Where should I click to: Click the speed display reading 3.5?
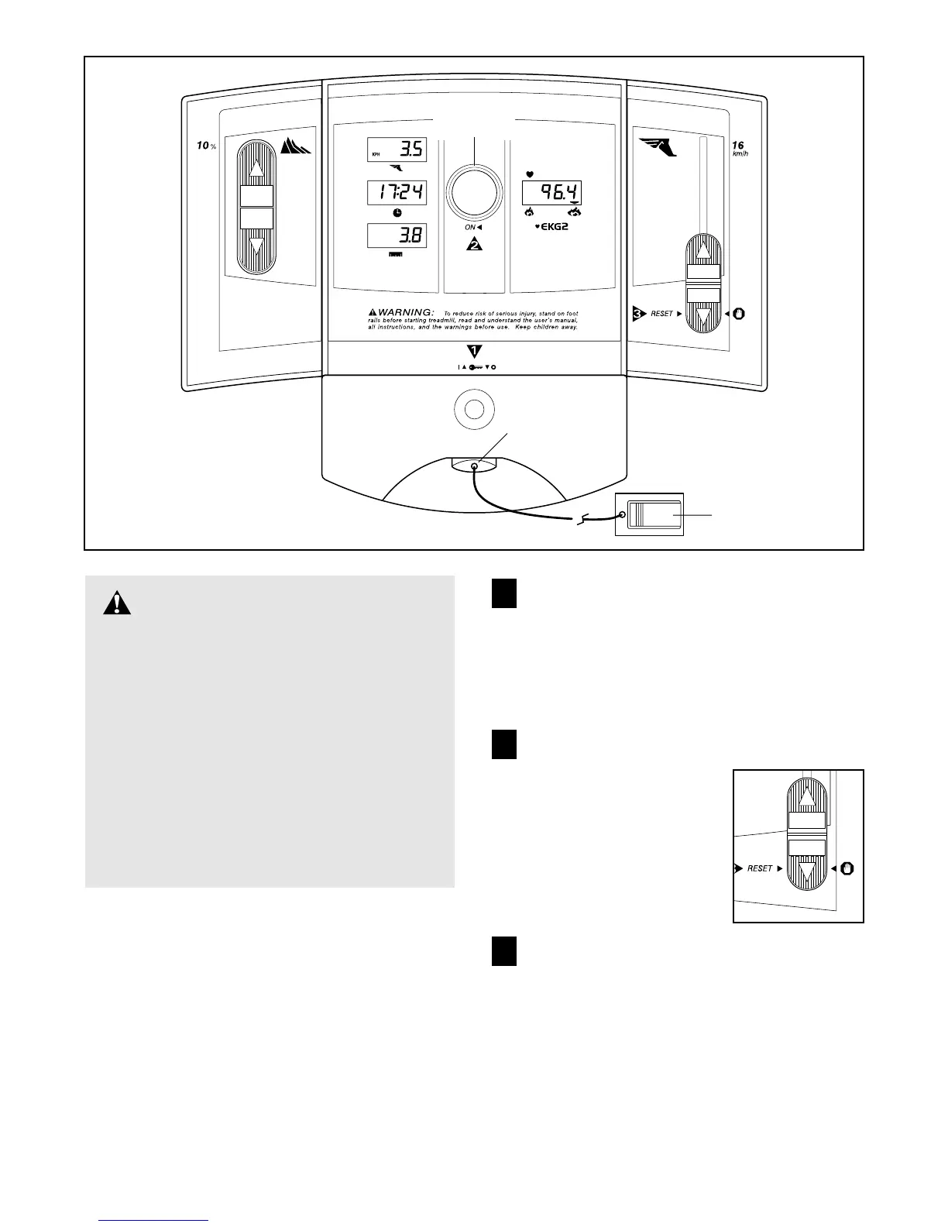(x=396, y=150)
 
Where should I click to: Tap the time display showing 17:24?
(x=396, y=192)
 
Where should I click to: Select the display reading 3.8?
(x=396, y=235)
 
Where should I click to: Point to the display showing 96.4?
(x=551, y=193)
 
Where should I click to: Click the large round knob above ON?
(x=476, y=191)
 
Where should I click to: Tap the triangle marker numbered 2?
(x=474, y=244)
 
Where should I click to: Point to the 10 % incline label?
(x=205, y=146)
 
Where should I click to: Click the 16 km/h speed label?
(x=739, y=149)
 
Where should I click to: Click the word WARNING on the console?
(x=405, y=313)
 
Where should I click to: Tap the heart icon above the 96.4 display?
(x=531, y=174)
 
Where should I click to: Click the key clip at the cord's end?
(x=651, y=514)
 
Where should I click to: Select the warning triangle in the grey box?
(x=117, y=603)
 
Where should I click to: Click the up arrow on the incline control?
(x=256, y=165)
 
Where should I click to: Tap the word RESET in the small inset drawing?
(x=760, y=868)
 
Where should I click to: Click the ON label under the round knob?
(x=470, y=227)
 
